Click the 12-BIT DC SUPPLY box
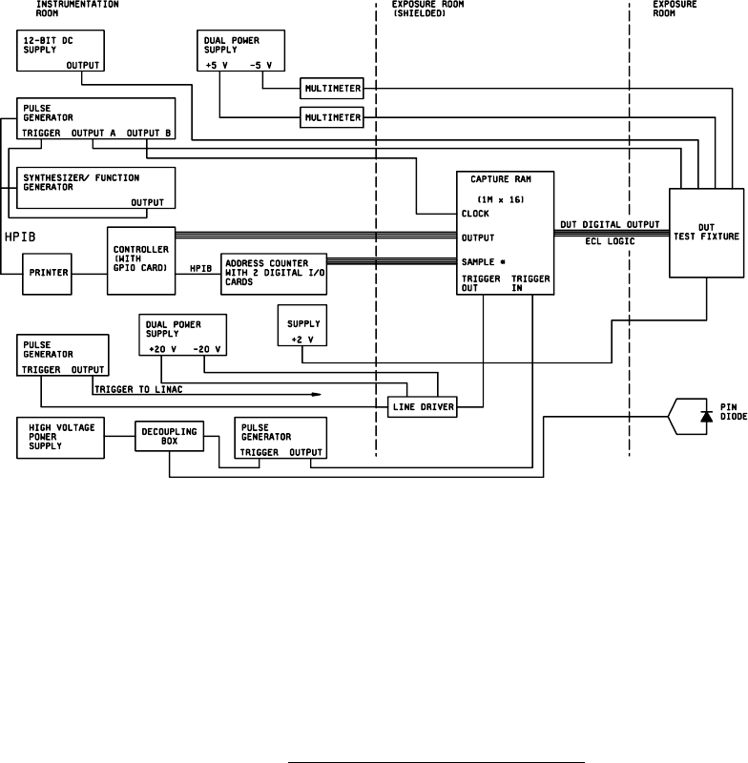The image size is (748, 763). coord(60,51)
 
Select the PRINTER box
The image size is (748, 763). coord(48,272)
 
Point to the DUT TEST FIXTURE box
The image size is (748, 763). coord(705,233)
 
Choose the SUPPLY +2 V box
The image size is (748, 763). coord(301,326)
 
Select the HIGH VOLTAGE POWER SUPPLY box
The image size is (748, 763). coord(56,437)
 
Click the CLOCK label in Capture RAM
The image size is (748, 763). coord(475,214)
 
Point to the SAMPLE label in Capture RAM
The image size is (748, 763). coord(478,260)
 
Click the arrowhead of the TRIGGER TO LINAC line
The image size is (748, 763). coord(316,392)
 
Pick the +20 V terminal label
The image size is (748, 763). coord(163,349)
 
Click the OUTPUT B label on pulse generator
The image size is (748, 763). coord(149,133)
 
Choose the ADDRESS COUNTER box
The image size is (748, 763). coord(274,272)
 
